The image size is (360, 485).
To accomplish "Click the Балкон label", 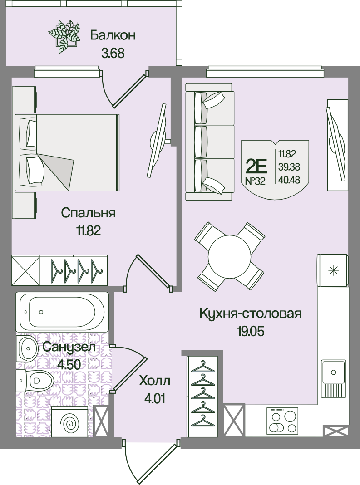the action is (113, 35).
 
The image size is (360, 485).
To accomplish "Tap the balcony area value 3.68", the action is (113, 53).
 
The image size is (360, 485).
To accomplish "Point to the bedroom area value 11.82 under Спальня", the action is (88, 231).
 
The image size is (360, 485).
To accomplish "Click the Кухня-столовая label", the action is (251, 314).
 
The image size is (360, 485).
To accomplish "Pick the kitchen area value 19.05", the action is (251, 331).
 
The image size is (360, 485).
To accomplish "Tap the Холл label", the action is (154, 381).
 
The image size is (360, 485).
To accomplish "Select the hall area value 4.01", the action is (154, 398).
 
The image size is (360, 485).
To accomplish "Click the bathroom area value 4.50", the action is (69, 365).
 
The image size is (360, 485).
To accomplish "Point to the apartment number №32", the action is (256, 181).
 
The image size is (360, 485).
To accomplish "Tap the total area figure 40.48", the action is (289, 180).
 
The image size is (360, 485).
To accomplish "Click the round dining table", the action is (229, 256).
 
